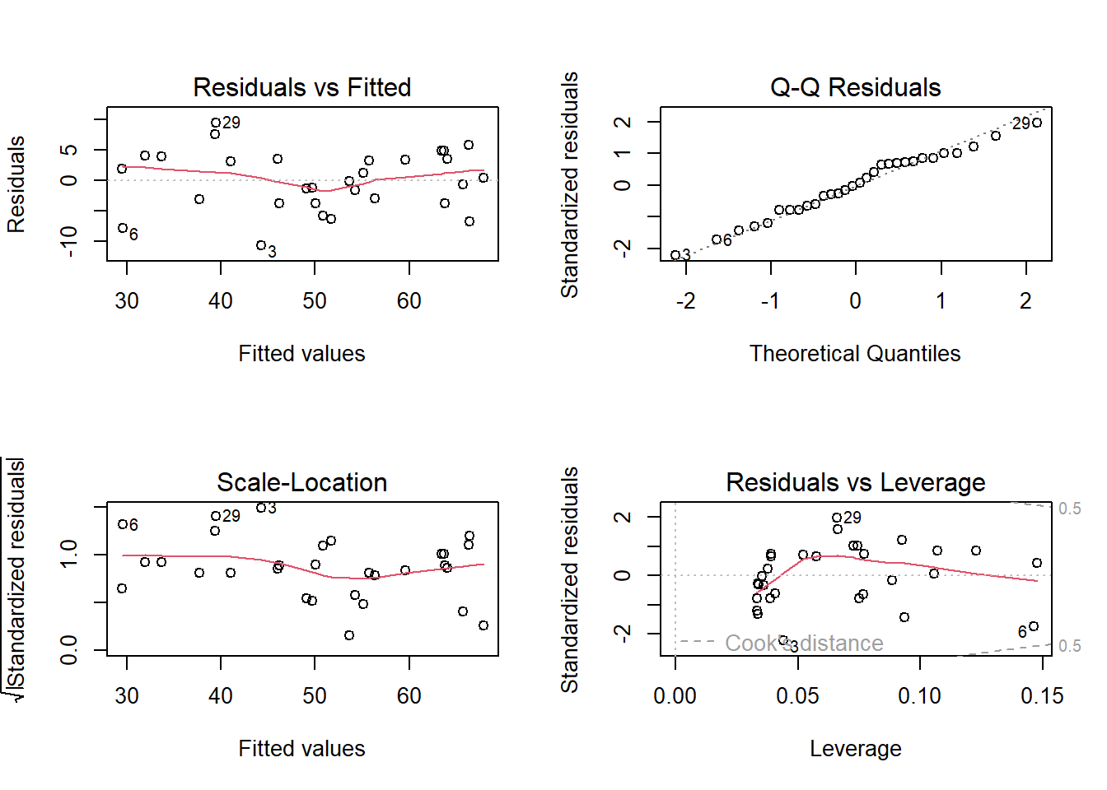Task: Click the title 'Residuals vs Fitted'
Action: (x=301, y=87)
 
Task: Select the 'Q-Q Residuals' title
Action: (x=855, y=87)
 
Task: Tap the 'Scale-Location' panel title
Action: (x=301, y=482)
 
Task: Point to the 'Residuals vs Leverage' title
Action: (x=855, y=482)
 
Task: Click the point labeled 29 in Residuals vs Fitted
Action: (x=216, y=123)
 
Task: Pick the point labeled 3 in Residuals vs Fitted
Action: (x=260, y=245)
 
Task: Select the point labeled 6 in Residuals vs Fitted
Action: (x=123, y=228)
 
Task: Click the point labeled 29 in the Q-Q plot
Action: (x=1037, y=123)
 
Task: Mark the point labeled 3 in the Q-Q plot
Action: (x=675, y=255)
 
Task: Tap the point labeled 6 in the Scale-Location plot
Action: (x=122, y=524)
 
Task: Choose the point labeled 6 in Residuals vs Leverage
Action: (x=1034, y=626)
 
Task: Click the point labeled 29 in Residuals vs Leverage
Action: (x=837, y=518)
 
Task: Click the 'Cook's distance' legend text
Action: (x=804, y=643)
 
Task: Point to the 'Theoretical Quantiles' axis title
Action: (x=855, y=354)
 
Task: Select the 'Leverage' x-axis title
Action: (x=855, y=749)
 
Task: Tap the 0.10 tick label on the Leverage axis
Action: (x=919, y=696)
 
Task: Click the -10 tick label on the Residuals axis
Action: (x=69, y=241)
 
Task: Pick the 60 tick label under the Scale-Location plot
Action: (x=409, y=696)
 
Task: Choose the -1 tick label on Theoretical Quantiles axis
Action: (x=769, y=301)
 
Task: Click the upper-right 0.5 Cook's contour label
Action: (x=1069, y=509)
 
